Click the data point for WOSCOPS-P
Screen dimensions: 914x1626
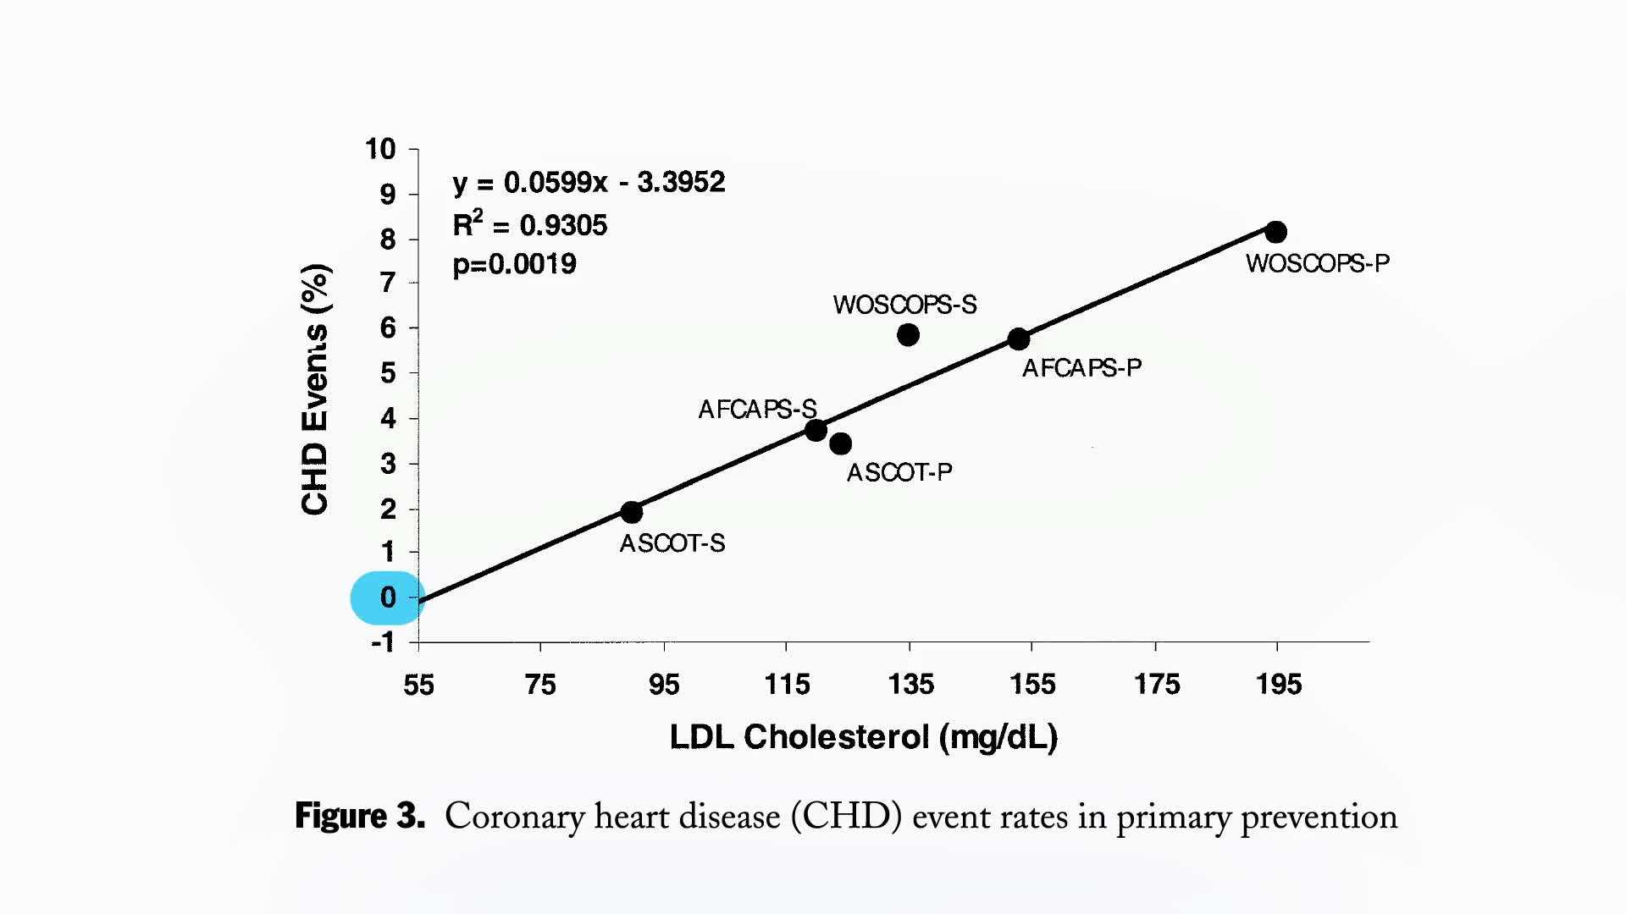[x=1275, y=232]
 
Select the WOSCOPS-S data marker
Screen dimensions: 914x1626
[x=908, y=335]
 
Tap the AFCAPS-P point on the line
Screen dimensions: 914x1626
[x=1019, y=339]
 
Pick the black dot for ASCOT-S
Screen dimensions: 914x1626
[x=631, y=512]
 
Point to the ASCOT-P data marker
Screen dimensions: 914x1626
[x=840, y=443]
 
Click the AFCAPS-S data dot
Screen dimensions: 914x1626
[x=816, y=431]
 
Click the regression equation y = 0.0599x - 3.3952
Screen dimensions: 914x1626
[x=589, y=182]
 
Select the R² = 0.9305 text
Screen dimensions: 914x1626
[x=530, y=224]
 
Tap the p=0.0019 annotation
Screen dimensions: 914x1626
[x=514, y=264]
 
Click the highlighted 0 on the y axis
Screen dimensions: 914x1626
[x=387, y=597]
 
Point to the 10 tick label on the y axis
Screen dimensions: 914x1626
[x=380, y=149]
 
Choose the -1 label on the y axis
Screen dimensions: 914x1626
[x=383, y=642]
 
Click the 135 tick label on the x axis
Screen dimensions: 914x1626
[x=910, y=684]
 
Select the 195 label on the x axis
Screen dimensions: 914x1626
[x=1278, y=684]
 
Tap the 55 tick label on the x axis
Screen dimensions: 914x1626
[x=418, y=684]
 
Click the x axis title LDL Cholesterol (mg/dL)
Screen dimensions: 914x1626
[x=863, y=737]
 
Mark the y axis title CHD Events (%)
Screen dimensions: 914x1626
[x=314, y=389]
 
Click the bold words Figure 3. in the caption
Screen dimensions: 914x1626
[x=359, y=816]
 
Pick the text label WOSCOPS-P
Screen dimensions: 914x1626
[x=1317, y=263]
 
